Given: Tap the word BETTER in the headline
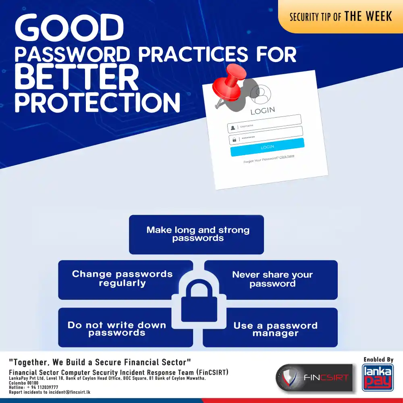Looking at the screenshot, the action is point(77,77).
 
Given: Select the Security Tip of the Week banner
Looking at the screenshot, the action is point(341,17).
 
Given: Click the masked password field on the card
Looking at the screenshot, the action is point(266,135).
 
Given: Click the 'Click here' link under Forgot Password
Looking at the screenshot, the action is point(287,156).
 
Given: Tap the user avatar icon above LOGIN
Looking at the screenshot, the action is point(261,94).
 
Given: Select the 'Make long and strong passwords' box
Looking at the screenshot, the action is point(196,235).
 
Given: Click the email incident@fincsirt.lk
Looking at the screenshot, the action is point(69,392).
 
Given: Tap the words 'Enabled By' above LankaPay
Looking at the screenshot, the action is point(378,359).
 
